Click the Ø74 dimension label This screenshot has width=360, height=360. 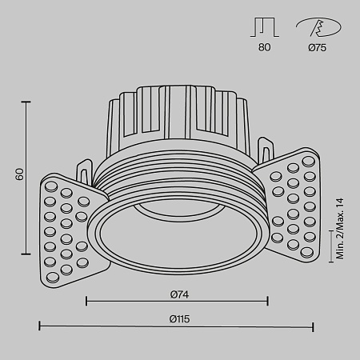(178, 292)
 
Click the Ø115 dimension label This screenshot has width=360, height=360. (178, 318)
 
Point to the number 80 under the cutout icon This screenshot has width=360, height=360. (265, 48)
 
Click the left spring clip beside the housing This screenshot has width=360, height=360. (86, 171)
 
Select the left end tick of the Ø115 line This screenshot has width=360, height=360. (40, 326)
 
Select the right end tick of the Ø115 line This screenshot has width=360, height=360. (313, 326)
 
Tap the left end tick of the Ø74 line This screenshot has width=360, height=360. (86, 301)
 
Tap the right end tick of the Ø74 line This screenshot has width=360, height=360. (267, 301)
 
